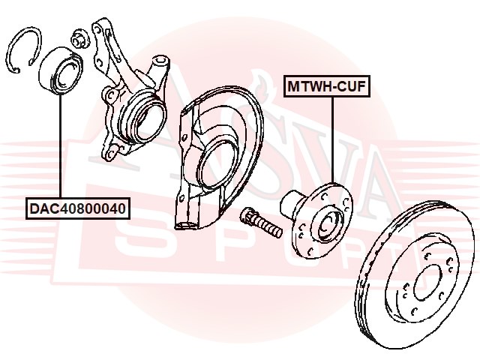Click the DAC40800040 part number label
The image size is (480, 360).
point(78,206)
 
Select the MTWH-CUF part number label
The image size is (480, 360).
point(326,87)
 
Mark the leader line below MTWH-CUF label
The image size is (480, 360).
point(331,142)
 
